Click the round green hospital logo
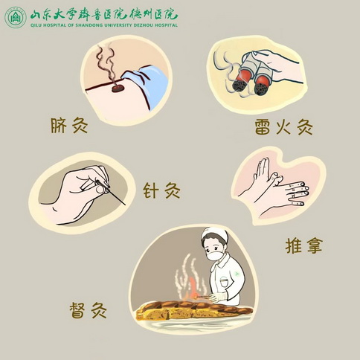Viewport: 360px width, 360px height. tap(16, 17)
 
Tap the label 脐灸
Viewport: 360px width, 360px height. tap(69, 126)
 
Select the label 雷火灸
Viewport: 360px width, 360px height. tap(283, 126)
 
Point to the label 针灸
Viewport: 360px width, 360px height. tap(161, 190)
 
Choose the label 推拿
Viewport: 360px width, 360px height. tap(303, 245)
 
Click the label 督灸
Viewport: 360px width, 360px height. tap(88, 310)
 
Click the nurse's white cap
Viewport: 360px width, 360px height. tap(214, 235)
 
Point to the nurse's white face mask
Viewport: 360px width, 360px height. tap(215, 255)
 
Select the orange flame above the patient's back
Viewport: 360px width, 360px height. tap(192, 288)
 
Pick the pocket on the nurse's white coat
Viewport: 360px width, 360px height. tap(224, 282)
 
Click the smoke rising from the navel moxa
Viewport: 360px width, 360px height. tap(106, 65)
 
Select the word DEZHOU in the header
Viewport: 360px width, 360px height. tap(143, 25)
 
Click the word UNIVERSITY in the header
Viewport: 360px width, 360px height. tap(118, 25)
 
